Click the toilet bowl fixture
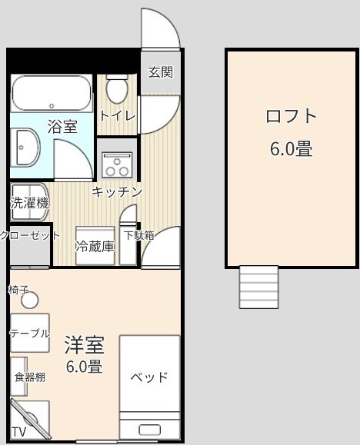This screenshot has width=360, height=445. pyautogui.click(x=117, y=88)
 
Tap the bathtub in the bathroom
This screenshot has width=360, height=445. pyautogui.click(x=52, y=93)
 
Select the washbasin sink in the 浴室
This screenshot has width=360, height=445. pyautogui.click(x=25, y=148)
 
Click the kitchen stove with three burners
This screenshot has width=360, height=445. pyautogui.click(x=118, y=165)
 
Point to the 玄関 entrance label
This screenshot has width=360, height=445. pyautogui.click(x=161, y=71)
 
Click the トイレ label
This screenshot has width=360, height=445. pyautogui.click(x=118, y=116)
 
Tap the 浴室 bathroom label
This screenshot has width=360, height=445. pyautogui.click(x=62, y=127)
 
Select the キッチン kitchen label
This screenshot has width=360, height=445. pyautogui.click(x=117, y=192)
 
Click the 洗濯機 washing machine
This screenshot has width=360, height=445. pyautogui.click(x=29, y=202)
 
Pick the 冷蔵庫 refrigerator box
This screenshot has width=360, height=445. pyautogui.click(x=95, y=245)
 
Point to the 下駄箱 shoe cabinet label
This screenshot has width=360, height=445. pyautogui.click(x=138, y=235)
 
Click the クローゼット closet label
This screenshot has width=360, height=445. pyautogui.click(x=30, y=235)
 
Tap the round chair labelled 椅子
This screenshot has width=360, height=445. pyautogui.click(x=29, y=300)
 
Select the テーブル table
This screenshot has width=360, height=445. pyautogui.click(x=30, y=333)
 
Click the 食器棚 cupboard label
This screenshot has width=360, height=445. pyautogui.click(x=30, y=377)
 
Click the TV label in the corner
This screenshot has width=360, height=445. pyautogui.click(x=19, y=432)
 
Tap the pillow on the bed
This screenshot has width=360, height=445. pyautogui.click(x=149, y=430)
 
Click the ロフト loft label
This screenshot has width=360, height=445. pyautogui.click(x=291, y=116)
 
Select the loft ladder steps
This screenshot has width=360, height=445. pyautogui.click(x=258, y=287)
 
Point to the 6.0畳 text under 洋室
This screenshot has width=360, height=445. pyautogui.click(x=85, y=367)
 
